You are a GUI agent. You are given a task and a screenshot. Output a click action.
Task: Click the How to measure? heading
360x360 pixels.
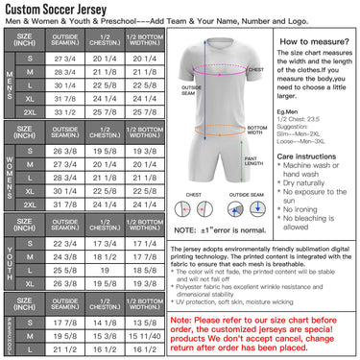(x=306, y=42)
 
